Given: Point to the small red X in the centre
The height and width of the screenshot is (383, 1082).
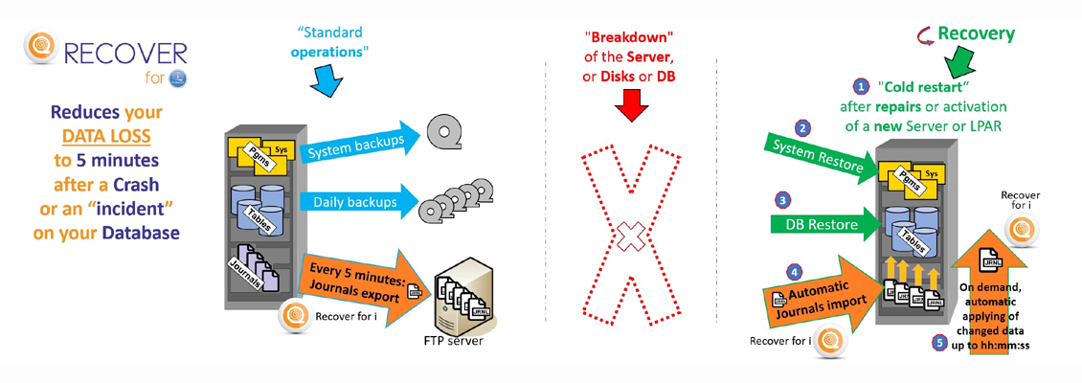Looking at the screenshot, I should (x=629, y=234).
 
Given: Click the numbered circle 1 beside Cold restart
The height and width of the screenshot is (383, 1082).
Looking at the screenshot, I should (x=861, y=86).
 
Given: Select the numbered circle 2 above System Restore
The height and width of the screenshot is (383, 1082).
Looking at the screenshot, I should (x=803, y=127).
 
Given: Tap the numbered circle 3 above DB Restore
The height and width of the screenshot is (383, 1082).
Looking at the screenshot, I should (x=783, y=200).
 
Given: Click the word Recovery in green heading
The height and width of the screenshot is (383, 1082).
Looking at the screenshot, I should (x=976, y=34).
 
